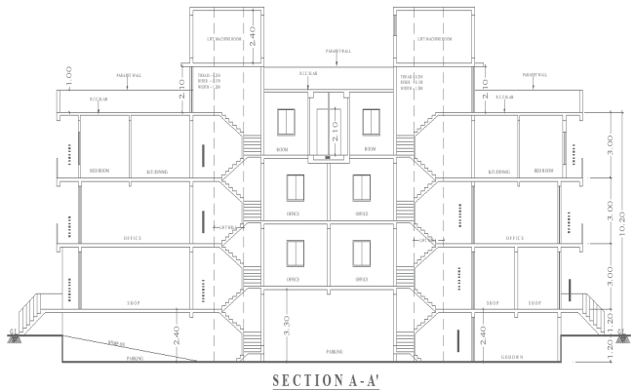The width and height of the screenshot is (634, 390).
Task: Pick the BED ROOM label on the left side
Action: [99, 170]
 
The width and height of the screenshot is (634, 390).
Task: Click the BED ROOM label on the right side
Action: [543, 170]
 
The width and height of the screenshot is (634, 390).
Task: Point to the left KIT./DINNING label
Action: [157, 170]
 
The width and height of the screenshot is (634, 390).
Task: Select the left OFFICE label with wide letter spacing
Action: [133, 237]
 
